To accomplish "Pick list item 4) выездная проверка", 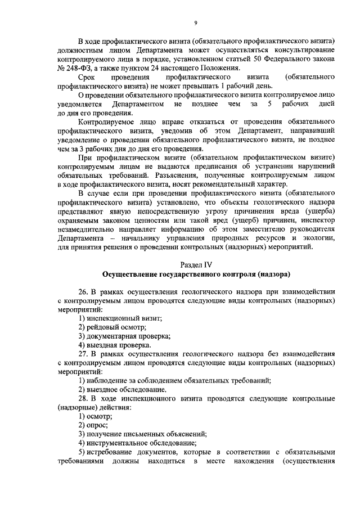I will click(115, 344).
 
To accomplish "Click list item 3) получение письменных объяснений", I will click(143, 433).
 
